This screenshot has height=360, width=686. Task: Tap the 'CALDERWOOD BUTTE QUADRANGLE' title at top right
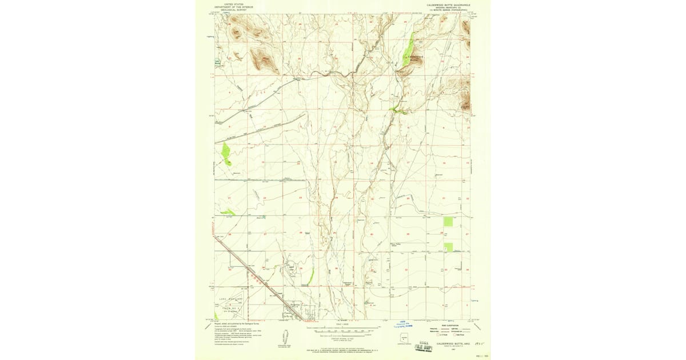pos(448,4)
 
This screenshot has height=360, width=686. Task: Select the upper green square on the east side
pos(448,222)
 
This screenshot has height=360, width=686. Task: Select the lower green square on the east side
pos(448,247)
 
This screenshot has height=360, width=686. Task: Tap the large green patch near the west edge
pos(226,152)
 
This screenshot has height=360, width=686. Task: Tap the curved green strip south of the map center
pos(310,277)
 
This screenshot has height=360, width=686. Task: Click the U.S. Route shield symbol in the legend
pos(434,336)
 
